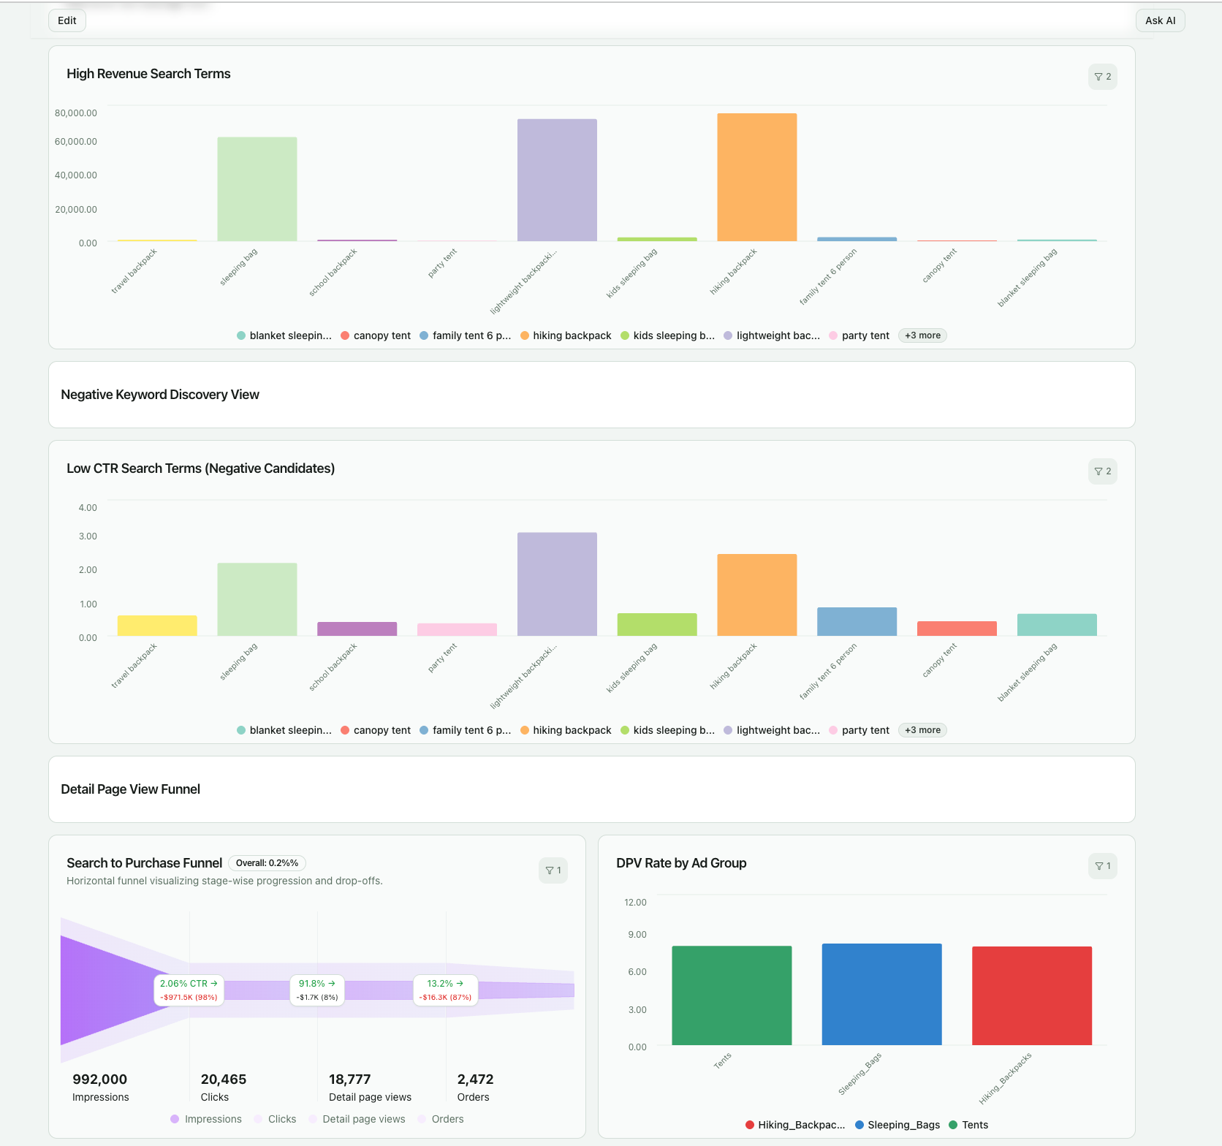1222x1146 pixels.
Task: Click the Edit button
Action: tap(67, 20)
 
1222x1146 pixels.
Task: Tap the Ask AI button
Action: tap(1160, 20)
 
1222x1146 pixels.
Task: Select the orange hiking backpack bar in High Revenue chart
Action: tap(756, 178)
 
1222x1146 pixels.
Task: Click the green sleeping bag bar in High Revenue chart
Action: tap(257, 189)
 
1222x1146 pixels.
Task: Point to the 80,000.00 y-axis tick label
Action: tap(76, 113)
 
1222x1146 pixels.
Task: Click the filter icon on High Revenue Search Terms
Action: tap(1102, 77)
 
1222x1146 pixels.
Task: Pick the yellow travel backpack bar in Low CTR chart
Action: tap(157, 626)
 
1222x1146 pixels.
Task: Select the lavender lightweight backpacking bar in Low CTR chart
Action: tap(557, 584)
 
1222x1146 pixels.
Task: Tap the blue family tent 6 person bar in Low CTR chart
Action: tap(857, 621)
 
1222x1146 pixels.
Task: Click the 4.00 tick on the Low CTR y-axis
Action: tap(88, 508)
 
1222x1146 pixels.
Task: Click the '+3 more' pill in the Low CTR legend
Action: tap(922, 730)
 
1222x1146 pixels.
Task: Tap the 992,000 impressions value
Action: tap(100, 1079)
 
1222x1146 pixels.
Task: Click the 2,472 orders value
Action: tap(475, 1079)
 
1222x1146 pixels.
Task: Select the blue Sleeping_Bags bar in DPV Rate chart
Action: tap(881, 994)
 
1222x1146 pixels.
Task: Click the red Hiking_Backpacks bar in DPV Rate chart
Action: tap(1031, 995)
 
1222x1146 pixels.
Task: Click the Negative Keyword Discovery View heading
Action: tap(160, 395)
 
